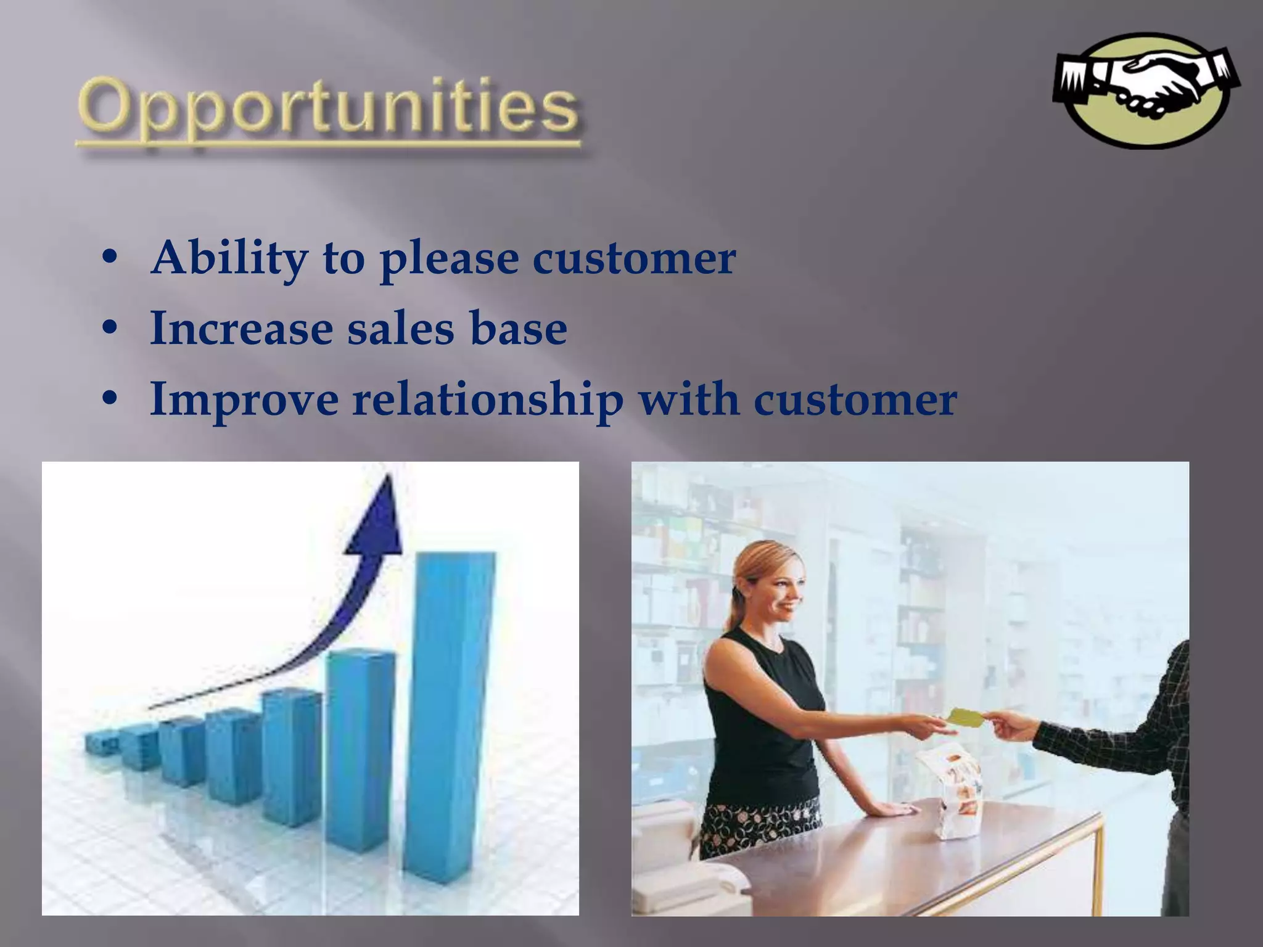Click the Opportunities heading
[328, 109]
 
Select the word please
[448, 259]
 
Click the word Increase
[242, 327]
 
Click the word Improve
[244, 400]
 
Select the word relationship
[488, 400]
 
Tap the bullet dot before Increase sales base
[110, 329]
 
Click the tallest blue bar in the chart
[450, 715]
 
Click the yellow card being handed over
[966, 716]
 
